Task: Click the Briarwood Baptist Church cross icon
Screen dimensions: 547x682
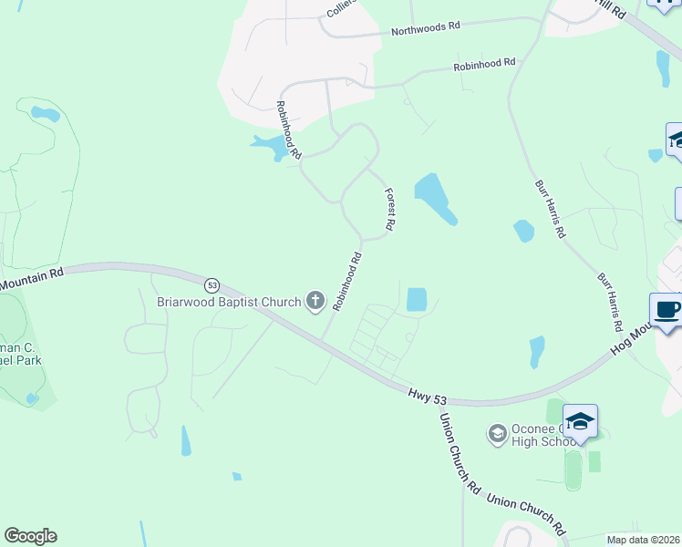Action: point(315,300)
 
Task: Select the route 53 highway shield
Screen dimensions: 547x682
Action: point(212,284)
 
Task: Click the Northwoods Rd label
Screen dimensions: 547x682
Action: point(425,29)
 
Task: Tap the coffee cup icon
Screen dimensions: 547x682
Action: point(667,310)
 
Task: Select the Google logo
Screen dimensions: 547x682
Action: point(30,536)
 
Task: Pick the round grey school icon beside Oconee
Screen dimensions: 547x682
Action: point(497,431)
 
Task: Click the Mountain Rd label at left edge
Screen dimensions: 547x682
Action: point(31,279)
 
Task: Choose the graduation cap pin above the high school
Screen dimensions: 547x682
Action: point(580,421)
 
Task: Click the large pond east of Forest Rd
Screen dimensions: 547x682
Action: point(435,198)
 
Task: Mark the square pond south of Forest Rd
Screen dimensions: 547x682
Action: point(416,299)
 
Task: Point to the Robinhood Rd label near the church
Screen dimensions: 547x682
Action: point(348,282)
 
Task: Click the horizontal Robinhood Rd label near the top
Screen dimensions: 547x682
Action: point(485,65)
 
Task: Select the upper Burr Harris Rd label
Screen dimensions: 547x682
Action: point(550,210)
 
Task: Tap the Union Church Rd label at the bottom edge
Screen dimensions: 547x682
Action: point(527,513)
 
